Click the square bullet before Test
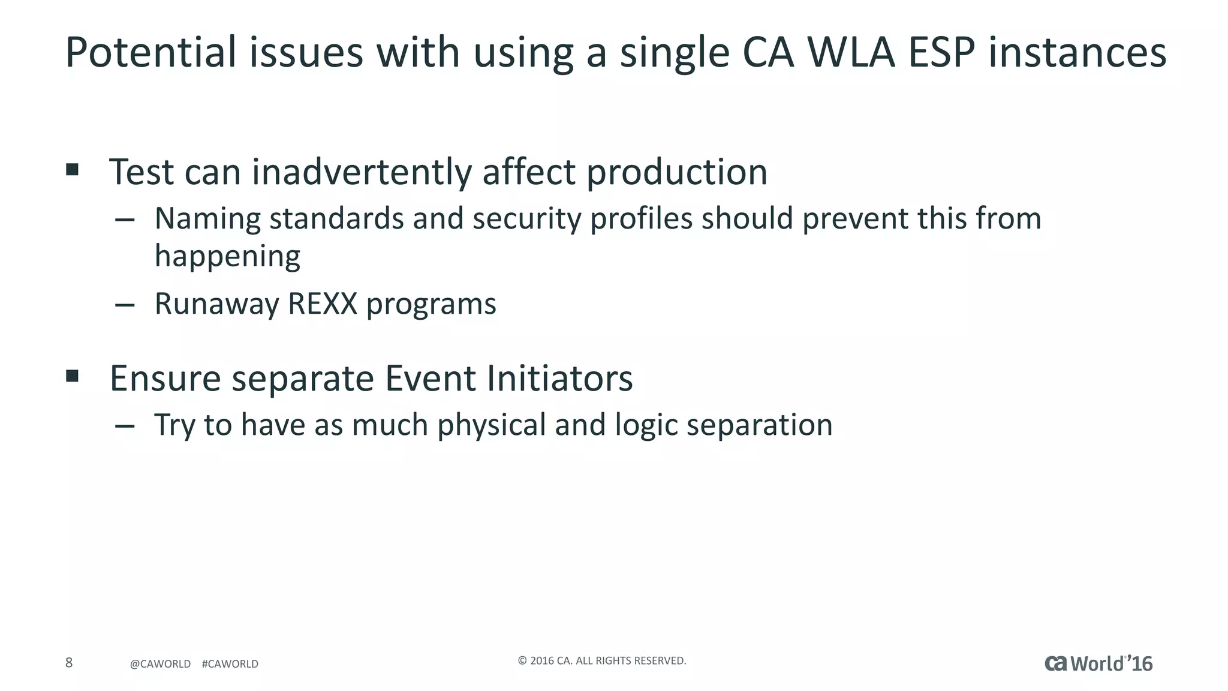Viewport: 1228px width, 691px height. tap(73, 169)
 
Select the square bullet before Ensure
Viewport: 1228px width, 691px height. tap(73, 376)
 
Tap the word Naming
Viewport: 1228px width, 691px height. tap(207, 219)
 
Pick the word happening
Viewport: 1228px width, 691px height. tap(227, 256)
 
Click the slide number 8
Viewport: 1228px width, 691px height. tap(69, 663)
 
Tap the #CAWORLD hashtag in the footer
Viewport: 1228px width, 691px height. tap(230, 664)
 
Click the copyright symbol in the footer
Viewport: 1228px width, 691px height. tap(522, 661)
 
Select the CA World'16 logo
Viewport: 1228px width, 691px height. tap(1098, 663)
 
